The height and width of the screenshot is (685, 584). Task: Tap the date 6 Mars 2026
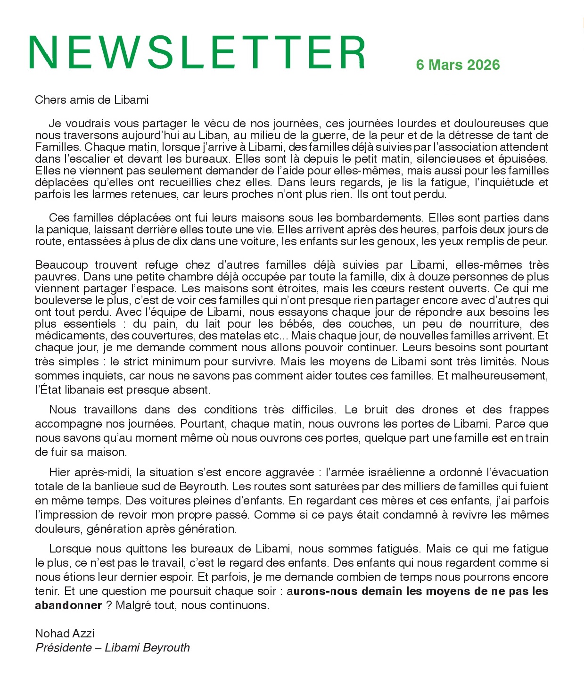click(x=458, y=65)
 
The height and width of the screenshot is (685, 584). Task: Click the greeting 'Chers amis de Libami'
click(x=91, y=100)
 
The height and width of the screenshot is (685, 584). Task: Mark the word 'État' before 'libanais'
click(x=51, y=390)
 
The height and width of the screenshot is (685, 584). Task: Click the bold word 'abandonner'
click(x=68, y=605)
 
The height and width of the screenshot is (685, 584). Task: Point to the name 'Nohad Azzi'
click(x=65, y=633)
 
